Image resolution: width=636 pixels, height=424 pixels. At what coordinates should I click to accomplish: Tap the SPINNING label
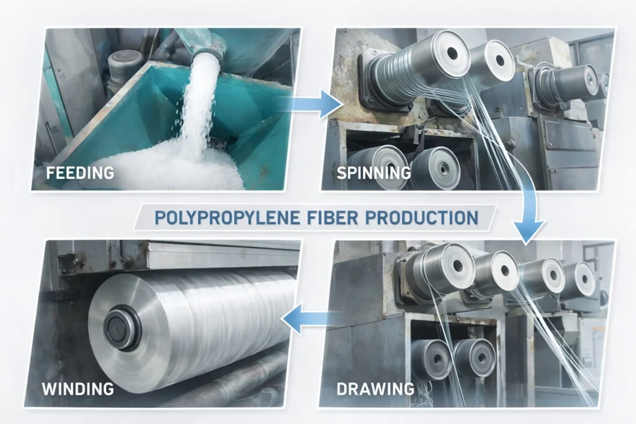point(373,172)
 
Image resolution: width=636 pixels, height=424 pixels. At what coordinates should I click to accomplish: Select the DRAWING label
point(375,389)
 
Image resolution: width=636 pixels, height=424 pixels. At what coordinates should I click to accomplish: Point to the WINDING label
point(78,389)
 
